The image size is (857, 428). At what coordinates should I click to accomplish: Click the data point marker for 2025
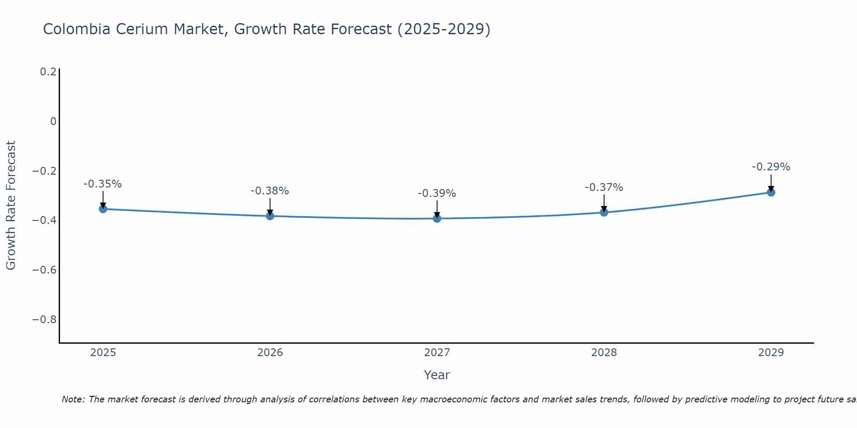coord(103,209)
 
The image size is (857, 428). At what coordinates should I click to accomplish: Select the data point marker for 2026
coord(270,216)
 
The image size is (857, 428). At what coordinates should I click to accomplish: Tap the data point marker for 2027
coord(437,218)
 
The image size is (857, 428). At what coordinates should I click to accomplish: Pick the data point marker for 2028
coord(604,212)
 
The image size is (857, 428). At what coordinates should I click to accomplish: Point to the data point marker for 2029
coord(771,192)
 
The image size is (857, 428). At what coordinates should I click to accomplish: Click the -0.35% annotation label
coord(103,184)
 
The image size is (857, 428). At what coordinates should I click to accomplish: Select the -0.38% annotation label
coord(270,191)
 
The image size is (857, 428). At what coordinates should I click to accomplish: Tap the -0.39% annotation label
coord(437,194)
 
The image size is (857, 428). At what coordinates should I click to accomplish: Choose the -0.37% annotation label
coord(604,188)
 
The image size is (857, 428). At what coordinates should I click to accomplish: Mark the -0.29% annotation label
coord(771,167)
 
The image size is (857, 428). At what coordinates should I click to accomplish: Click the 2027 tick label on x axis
coord(437,353)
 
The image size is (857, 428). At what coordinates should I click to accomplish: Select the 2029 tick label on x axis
coord(771,353)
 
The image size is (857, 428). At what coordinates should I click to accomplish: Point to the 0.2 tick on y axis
coord(48,72)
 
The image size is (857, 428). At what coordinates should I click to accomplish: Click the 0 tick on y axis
coord(53,122)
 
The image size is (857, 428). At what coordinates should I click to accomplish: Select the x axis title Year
coord(437,375)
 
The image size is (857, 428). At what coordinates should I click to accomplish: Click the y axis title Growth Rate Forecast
coord(11,205)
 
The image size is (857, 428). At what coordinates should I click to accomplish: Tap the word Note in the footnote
coord(73,400)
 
